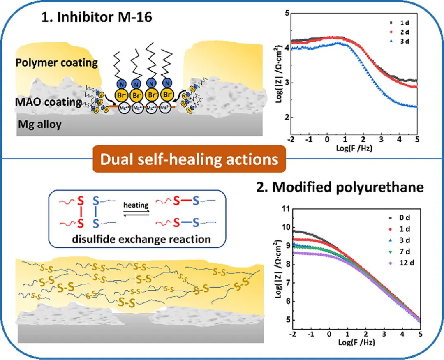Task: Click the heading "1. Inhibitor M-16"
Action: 100,18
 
